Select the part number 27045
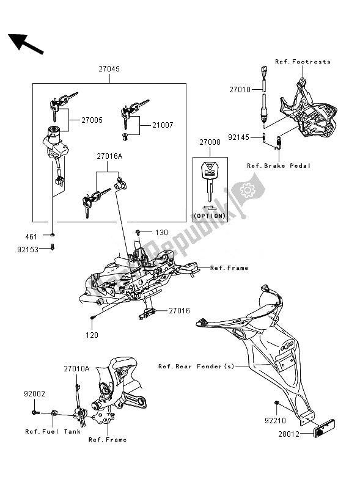pos(108,70)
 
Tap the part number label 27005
pos(93,121)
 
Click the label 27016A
pos(109,156)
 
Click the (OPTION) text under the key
pos(210,216)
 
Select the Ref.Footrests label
pos(303,62)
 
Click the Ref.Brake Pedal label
pos(279,166)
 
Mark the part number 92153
pos(36,249)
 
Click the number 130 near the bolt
pos(161,233)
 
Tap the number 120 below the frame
pos(91,335)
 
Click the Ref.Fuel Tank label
pos(45,432)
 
